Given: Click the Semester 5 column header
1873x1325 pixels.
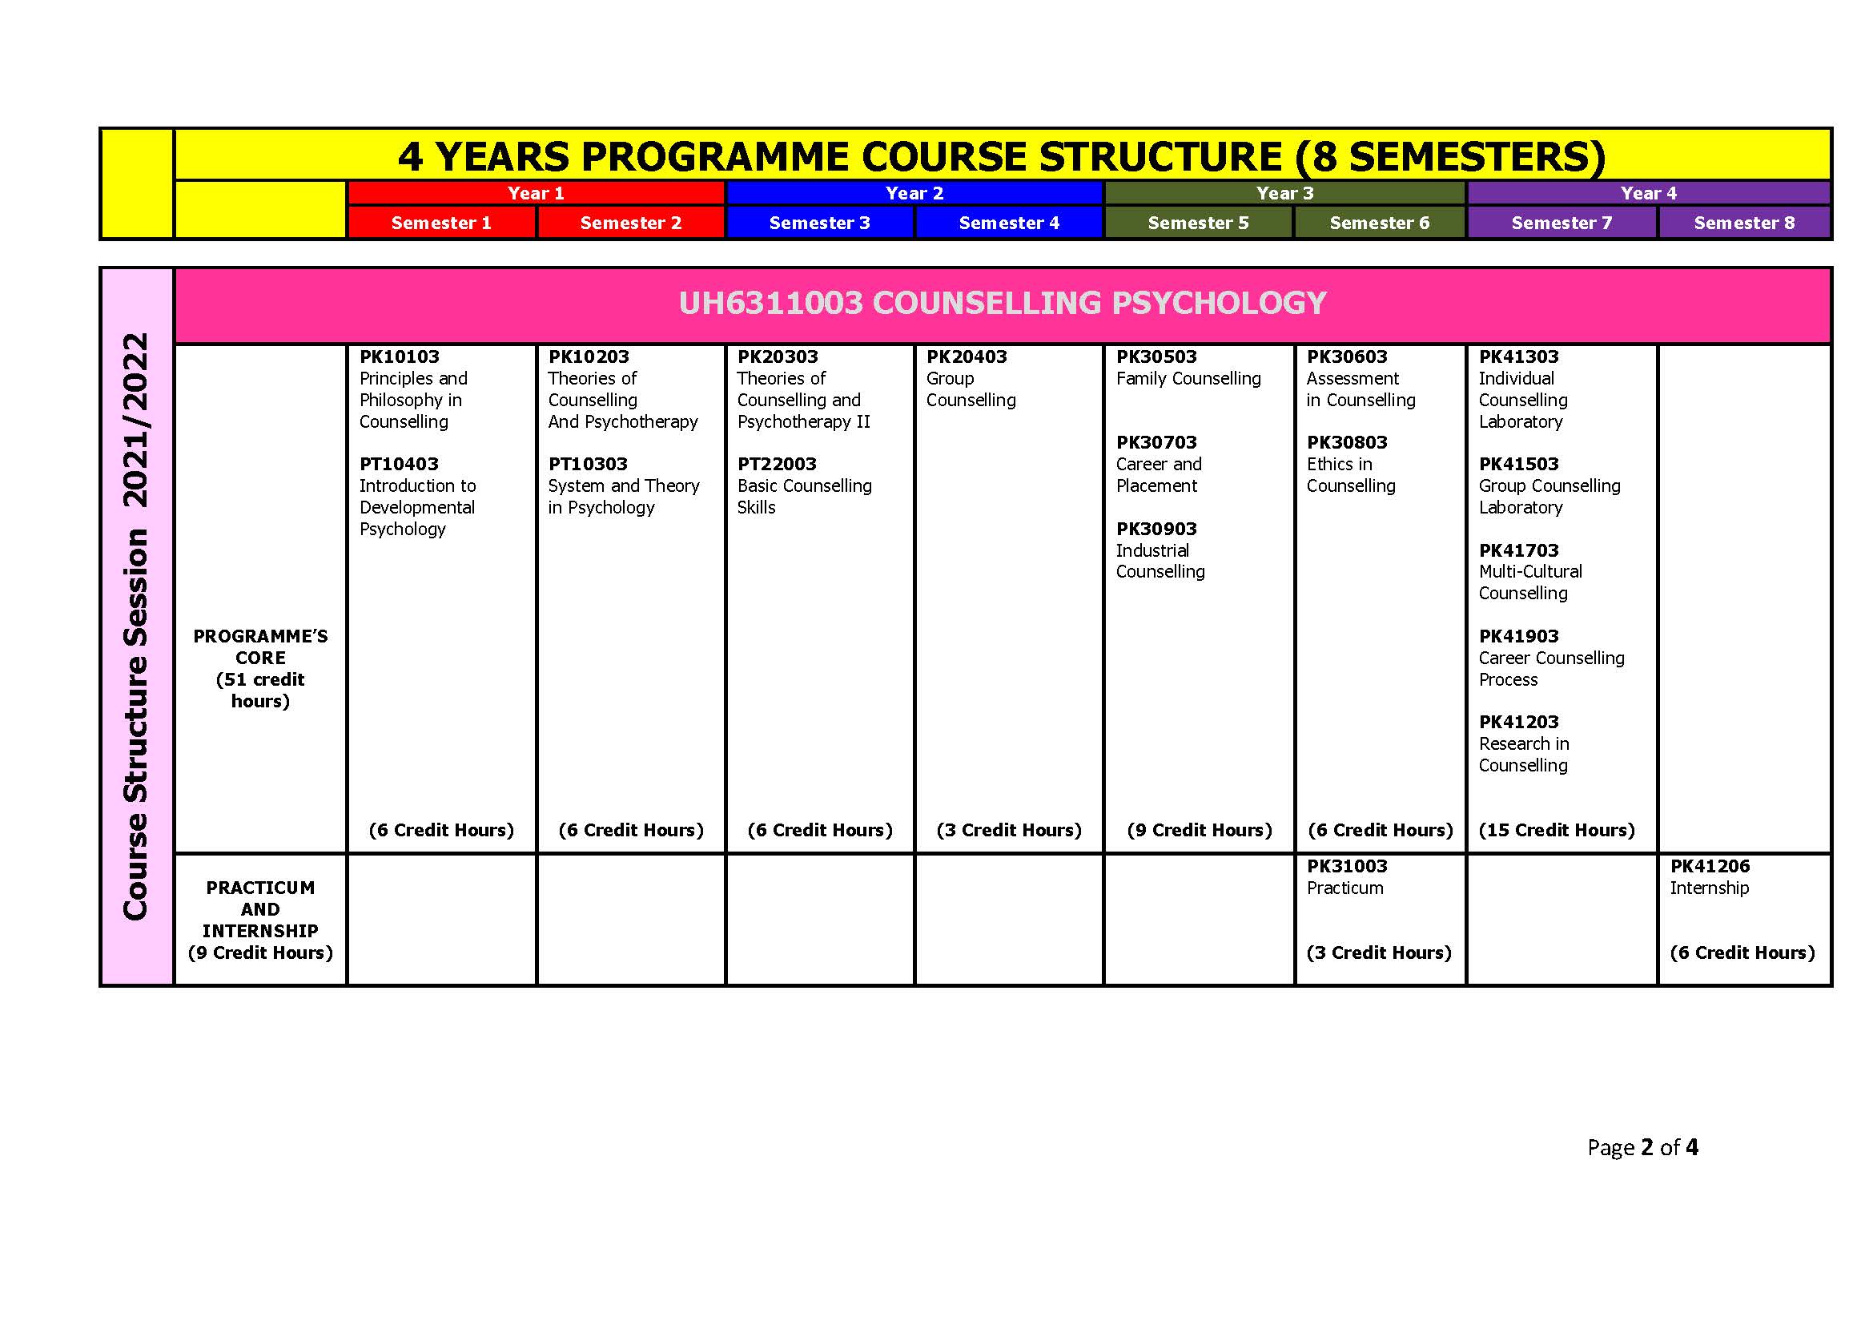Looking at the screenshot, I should [x=1197, y=223].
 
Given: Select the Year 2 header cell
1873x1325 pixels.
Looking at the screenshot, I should [x=914, y=193].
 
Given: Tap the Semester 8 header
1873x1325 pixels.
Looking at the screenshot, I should [x=1743, y=223].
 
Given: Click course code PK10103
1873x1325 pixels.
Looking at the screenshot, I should [x=399, y=356].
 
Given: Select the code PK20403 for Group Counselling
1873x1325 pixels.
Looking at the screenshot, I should [x=966, y=356].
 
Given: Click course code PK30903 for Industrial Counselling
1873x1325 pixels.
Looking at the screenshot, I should [x=1156, y=529].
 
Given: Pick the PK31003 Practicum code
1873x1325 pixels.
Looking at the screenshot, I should [x=1346, y=866].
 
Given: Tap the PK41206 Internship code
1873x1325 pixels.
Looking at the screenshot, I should [x=1709, y=866].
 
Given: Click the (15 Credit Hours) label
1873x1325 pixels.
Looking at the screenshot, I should [x=1557, y=830].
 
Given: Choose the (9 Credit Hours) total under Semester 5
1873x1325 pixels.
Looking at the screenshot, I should [x=1200, y=830].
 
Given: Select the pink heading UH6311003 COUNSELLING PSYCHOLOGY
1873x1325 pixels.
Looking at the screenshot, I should [x=1003, y=303].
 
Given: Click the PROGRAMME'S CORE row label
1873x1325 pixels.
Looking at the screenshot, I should [x=260, y=667].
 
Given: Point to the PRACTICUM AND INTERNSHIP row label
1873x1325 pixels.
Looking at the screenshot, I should [x=260, y=920].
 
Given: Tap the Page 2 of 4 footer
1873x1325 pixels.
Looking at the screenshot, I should [x=1642, y=1147].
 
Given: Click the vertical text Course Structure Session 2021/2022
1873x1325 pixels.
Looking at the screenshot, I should [x=136, y=626].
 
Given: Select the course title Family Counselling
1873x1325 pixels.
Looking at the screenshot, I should [x=1188, y=379].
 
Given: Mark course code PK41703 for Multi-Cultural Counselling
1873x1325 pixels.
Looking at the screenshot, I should [x=1518, y=550].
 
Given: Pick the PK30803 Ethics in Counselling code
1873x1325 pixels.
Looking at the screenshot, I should [x=1346, y=442].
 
